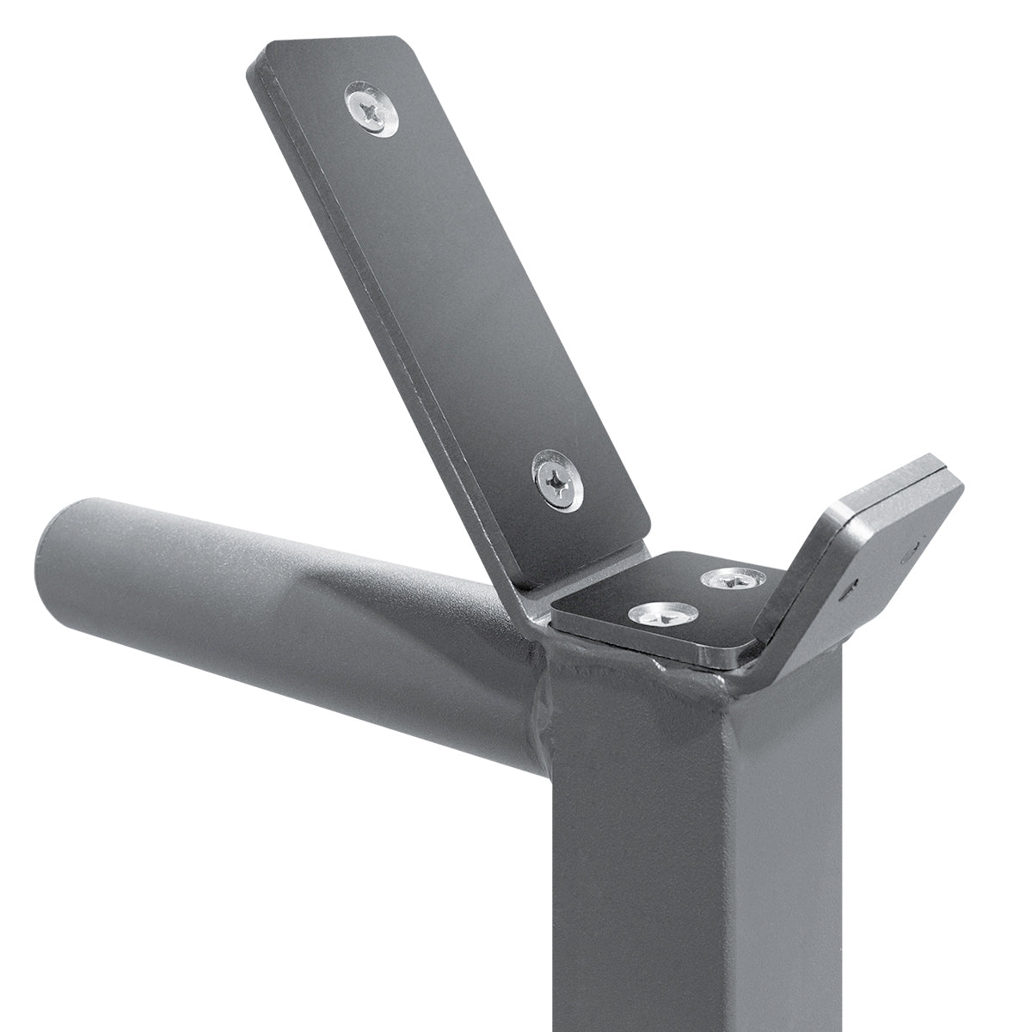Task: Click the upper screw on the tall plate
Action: coord(372,108)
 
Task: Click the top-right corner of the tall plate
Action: coord(402,41)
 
